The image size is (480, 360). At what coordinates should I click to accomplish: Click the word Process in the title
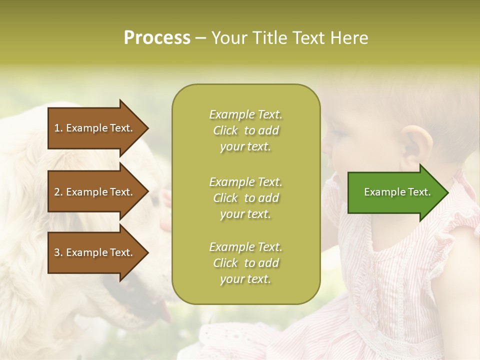[157, 38]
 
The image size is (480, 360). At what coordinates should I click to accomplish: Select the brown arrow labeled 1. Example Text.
[95, 128]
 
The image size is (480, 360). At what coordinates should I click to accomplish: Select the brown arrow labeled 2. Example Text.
[95, 192]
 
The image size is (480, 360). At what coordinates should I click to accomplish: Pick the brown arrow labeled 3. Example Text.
[95, 252]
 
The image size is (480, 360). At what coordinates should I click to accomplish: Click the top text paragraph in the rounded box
[245, 130]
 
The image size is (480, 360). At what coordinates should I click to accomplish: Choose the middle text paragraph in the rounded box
[245, 198]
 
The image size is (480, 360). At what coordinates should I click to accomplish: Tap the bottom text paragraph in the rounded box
[245, 263]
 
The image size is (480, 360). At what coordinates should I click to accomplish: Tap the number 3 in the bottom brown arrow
[57, 252]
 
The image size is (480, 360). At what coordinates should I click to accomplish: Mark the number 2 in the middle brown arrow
[57, 192]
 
